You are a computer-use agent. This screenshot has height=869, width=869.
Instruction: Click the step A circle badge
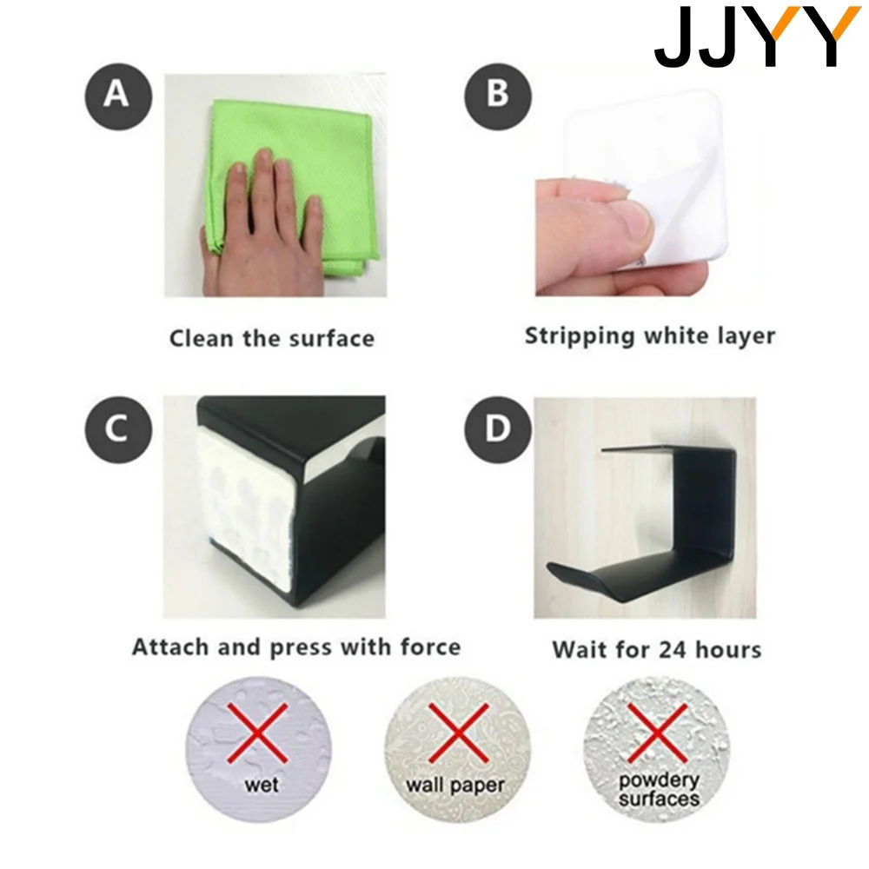(x=118, y=96)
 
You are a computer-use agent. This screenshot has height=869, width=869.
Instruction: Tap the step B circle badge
(x=498, y=96)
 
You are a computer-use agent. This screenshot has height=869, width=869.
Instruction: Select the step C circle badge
(x=118, y=429)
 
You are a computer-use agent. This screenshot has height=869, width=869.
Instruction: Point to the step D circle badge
(x=498, y=429)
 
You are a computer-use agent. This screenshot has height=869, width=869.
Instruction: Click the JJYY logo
(x=757, y=36)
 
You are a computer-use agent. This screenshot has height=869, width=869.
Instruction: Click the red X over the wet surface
(x=258, y=733)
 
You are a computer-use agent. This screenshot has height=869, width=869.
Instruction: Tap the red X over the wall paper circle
(x=458, y=733)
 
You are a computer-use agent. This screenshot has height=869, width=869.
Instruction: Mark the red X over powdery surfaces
(x=657, y=733)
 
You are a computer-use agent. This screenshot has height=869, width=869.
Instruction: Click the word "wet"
(x=261, y=785)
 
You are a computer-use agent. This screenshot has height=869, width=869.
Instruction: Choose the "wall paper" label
(x=455, y=786)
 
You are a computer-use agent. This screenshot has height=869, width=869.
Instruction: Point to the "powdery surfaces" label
(x=659, y=790)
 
